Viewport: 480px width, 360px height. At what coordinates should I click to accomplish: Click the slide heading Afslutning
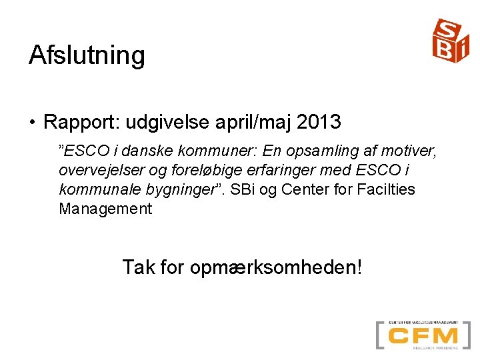(x=87, y=55)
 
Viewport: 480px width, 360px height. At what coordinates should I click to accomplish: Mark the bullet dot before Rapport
(x=32, y=123)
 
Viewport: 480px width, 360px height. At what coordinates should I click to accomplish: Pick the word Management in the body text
(x=105, y=209)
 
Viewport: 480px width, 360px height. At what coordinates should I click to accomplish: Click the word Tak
(x=138, y=267)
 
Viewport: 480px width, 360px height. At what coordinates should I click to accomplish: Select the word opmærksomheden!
(x=276, y=268)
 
